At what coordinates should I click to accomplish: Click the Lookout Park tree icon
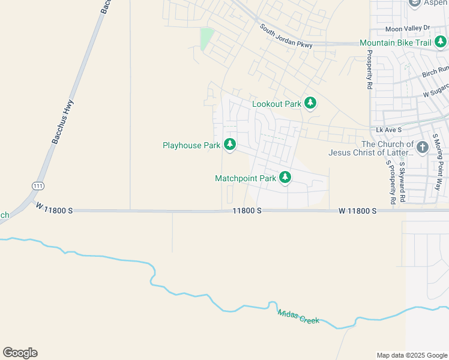pos(310,103)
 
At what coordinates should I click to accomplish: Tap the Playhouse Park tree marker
pos(229,145)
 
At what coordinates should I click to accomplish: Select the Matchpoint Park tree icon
pos(285,178)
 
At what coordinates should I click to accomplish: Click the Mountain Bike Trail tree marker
pos(441,42)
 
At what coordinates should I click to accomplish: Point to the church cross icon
pos(423,148)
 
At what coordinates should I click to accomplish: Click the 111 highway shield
pos(38,187)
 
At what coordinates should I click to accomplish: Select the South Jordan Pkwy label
pos(286,37)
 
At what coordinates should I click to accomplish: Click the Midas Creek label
pos(298,316)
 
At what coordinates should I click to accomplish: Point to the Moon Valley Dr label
pos(408,28)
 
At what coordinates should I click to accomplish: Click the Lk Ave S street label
pos(388,130)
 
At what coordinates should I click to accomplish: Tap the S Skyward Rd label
pos(403,180)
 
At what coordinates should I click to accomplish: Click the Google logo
pos(20,353)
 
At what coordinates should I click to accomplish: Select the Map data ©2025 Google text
pos(412,355)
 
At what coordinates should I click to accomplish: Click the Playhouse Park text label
pos(191,145)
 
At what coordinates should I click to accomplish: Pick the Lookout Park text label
pos(276,104)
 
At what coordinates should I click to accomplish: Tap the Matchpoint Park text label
pos(246,178)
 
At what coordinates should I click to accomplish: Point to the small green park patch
pos(206,38)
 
